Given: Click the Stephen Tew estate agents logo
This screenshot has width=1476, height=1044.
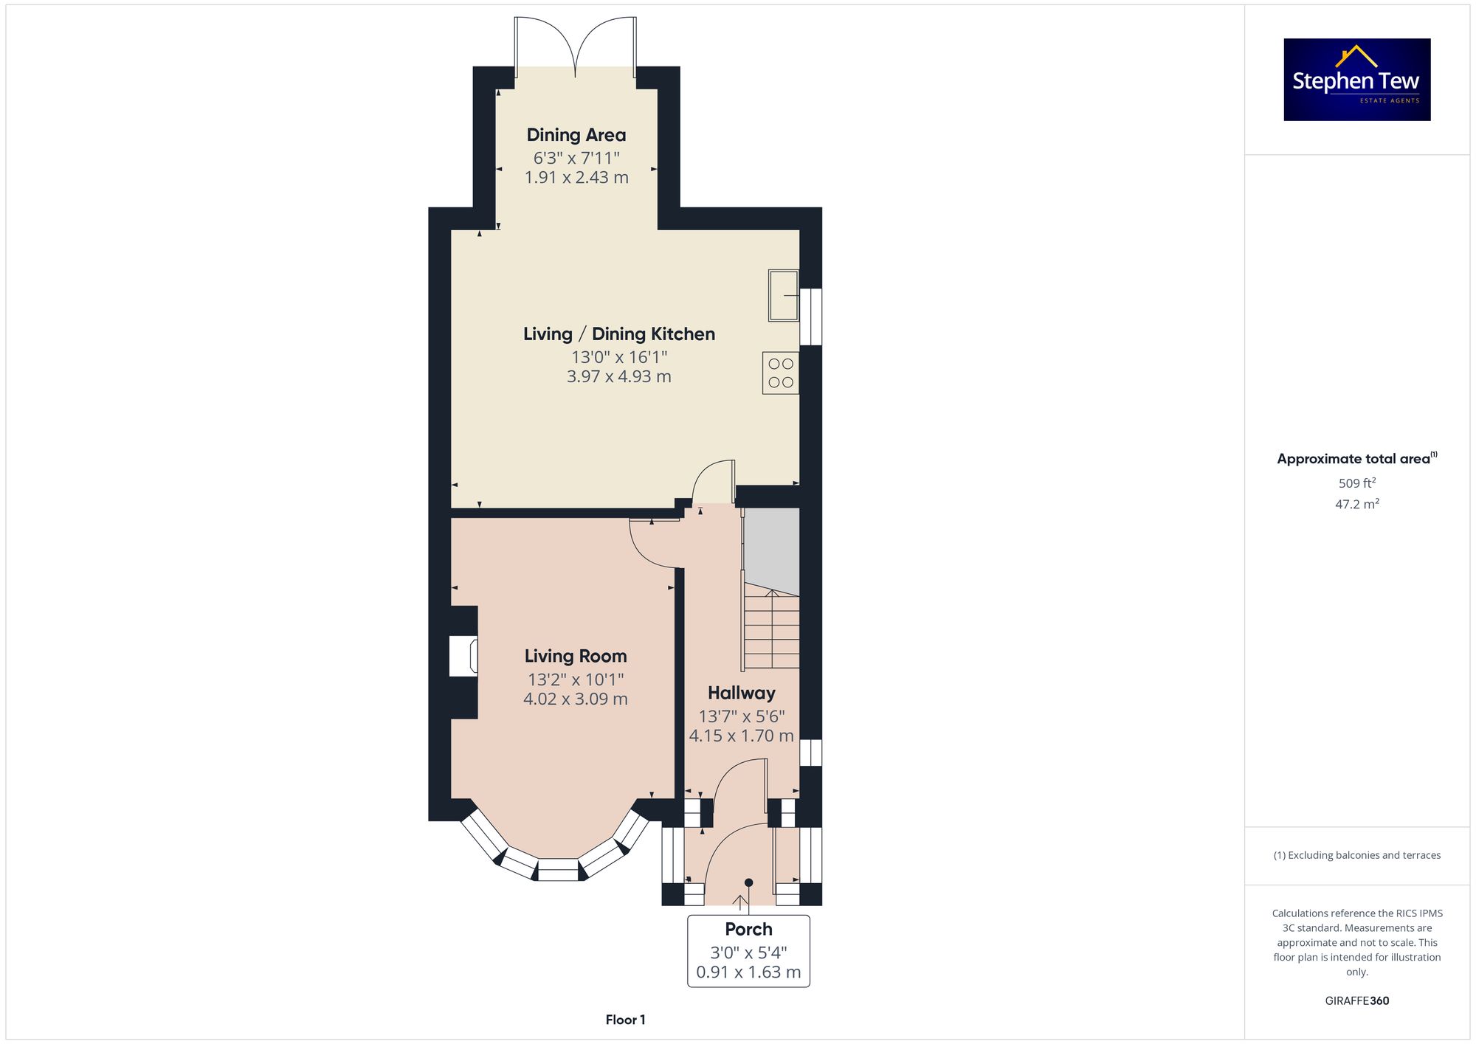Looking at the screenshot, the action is pyautogui.click(x=1357, y=80).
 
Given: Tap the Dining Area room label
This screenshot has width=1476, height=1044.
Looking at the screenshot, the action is pyautogui.click(x=576, y=135).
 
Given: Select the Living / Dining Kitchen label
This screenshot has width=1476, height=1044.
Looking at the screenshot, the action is pyautogui.click(x=619, y=334).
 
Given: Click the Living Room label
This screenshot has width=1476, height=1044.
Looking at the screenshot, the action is pyautogui.click(x=576, y=656).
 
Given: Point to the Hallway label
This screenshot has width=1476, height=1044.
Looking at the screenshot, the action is pyautogui.click(x=742, y=693).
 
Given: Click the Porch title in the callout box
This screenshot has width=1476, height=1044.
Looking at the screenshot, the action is pyautogui.click(x=748, y=929).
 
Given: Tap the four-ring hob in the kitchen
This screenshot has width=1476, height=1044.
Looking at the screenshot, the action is pyautogui.click(x=781, y=373).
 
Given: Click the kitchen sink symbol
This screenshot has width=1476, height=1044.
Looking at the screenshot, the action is pyautogui.click(x=783, y=295).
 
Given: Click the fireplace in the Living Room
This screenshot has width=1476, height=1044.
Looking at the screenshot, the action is pyautogui.click(x=463, y=656).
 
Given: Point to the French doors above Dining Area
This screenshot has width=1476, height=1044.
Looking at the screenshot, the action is pyautogui.click(x=576, y=46).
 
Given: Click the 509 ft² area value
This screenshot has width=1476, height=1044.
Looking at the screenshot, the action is pyautogui.click(x=1357, y=483).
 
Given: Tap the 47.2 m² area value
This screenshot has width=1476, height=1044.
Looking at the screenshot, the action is pyautogui.click(x=1357, y=504).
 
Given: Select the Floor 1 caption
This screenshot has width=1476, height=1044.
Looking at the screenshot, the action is pyautogui.click(x=625, y=1020).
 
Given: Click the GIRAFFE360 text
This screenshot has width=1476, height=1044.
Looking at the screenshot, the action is pyautogui.click(x=1357, y=1001).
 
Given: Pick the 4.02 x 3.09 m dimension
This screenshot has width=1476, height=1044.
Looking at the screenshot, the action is pyautogui.click(x=576, y=699).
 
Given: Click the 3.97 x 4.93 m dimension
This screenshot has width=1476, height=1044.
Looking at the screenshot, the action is pyautogui.click(x=619, y=376).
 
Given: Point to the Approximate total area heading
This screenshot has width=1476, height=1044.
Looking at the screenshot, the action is pyautogui.click(x=1357, y=458).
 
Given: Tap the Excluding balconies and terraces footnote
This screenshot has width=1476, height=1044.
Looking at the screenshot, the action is pyautogui.click(x=1357, y=855).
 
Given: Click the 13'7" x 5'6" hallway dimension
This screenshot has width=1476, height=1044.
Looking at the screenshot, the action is pyautogui.click(x=742, y=716).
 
